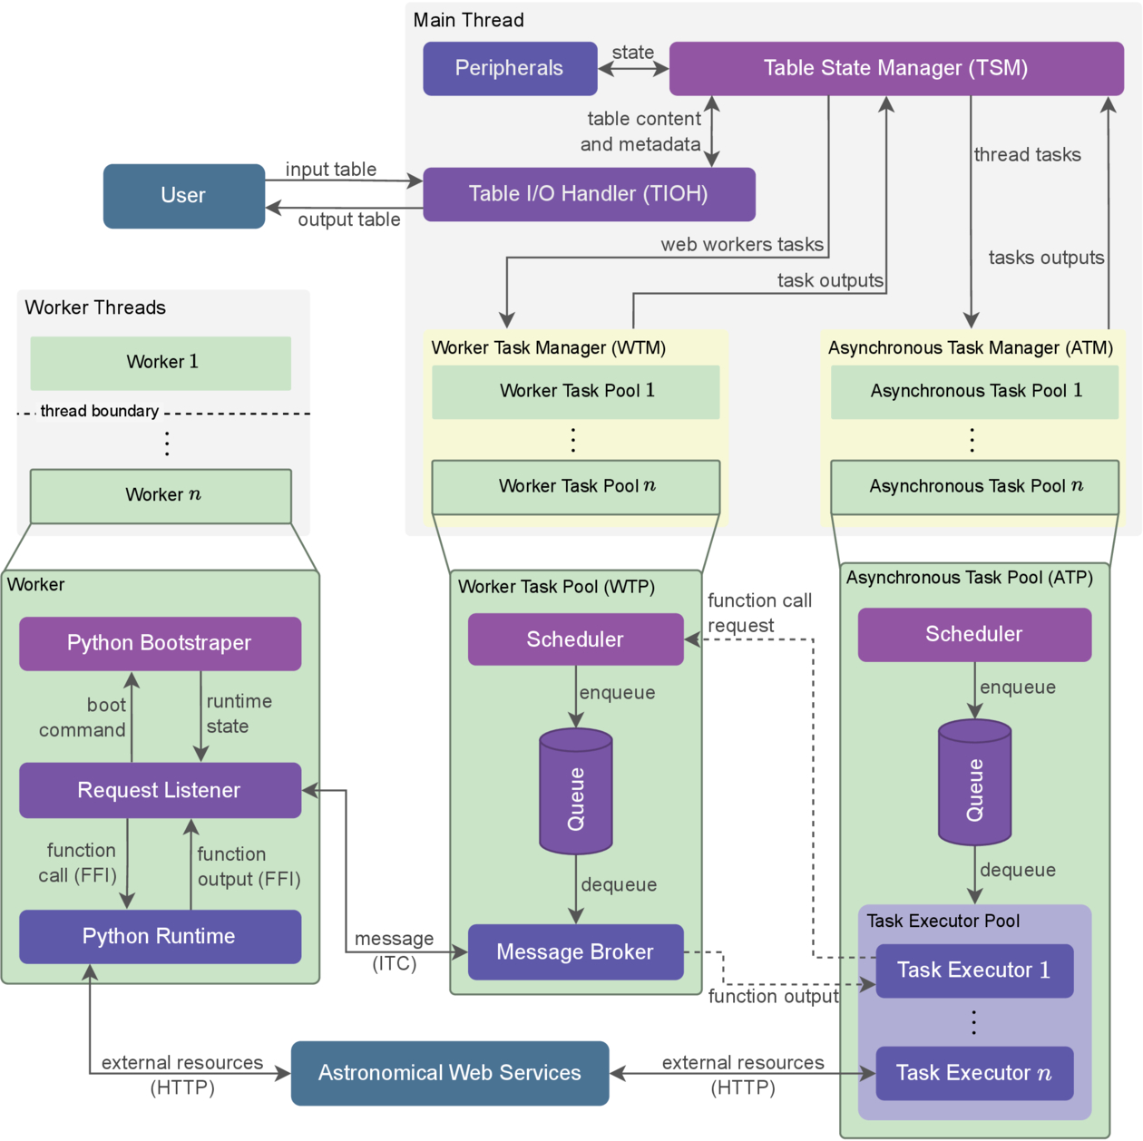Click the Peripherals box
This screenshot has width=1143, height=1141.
click(510, 68)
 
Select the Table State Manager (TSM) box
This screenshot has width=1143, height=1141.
click(895, 68)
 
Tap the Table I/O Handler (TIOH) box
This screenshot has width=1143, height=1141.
click(589, 194)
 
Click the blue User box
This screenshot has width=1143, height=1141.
click(184, 196)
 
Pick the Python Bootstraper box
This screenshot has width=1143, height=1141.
click(160, 643)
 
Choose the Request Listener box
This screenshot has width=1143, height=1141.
click(160, 790)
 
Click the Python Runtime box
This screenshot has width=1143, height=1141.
click(160, 936)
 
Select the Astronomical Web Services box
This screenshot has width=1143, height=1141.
click(450, 1073)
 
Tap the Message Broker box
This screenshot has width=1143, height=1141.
click(575, 951)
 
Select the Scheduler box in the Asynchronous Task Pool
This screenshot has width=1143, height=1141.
click(974, 634)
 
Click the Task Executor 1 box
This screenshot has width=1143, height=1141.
click(974, 970)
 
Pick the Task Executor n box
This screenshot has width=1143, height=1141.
click(974, 1073)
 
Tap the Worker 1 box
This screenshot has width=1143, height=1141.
click(161, 363)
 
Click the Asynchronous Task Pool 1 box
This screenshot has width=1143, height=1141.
click(974, 392)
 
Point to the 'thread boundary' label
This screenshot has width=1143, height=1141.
click(100, 412)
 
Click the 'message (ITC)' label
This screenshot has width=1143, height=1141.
click(395, 951)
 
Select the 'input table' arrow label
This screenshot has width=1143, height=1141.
click(330, 170)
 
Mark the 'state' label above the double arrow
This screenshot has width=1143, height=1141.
click(632, 53)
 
